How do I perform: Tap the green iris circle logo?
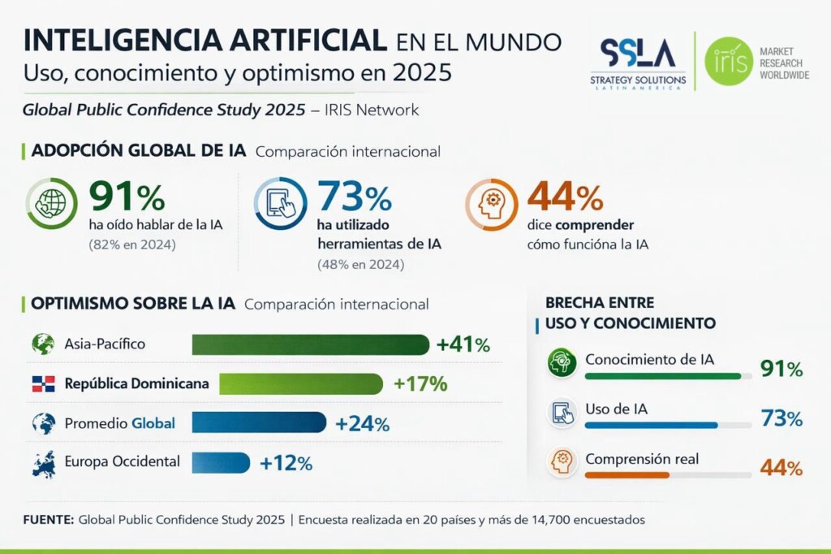(728, 61)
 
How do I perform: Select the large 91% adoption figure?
(127, 197)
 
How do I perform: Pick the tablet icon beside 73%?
(280, 204)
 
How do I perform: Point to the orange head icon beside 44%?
(492, 204)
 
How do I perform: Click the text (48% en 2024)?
(360, 265)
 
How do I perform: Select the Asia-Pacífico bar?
(310, 344)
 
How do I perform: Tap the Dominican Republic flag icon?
(43, 384)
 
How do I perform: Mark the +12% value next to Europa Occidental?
(286, 463)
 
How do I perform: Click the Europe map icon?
(43, 463)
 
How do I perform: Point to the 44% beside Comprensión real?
(781, 469)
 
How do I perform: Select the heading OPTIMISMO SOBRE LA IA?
(132, 304)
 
